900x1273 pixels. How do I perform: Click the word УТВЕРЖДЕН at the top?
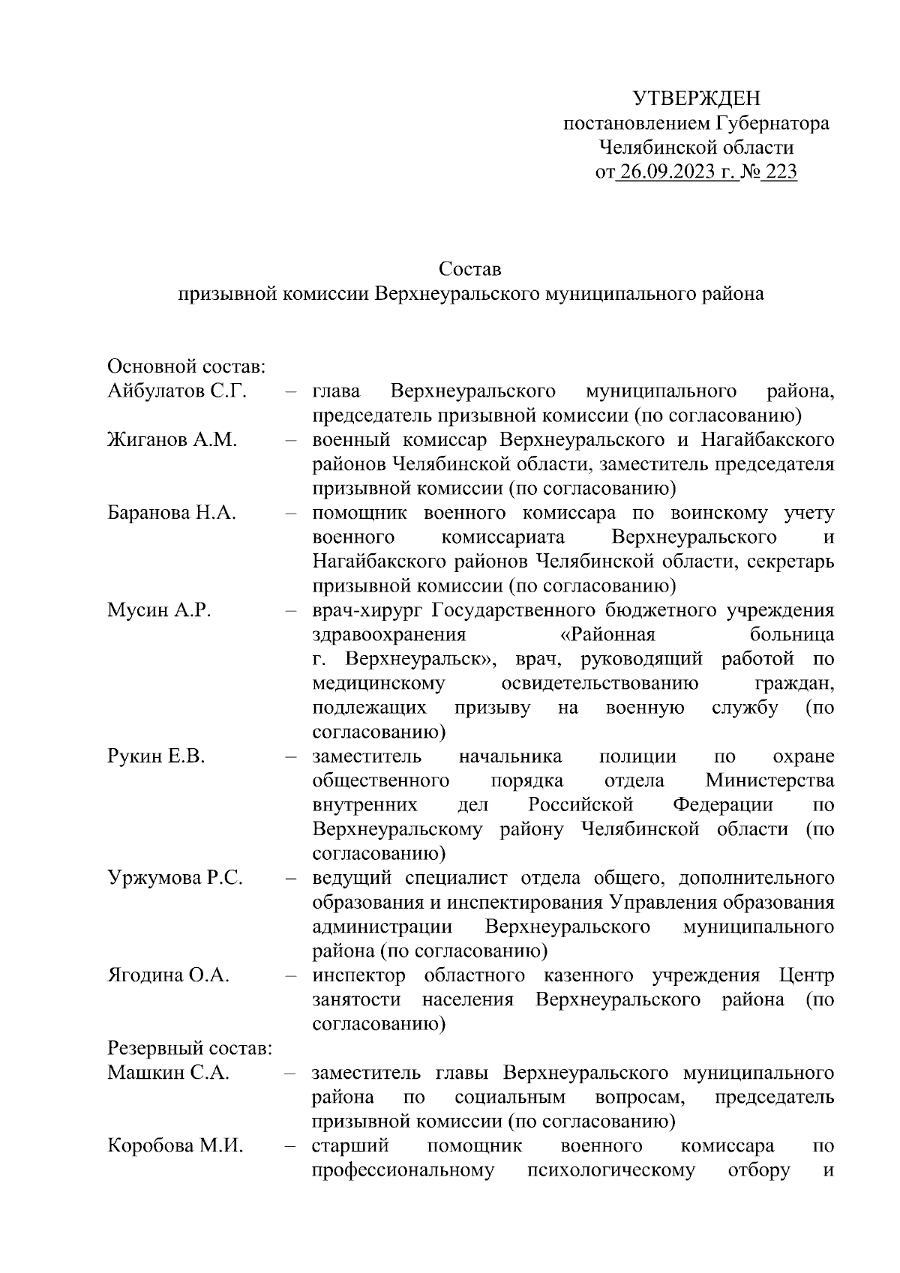point(696,98)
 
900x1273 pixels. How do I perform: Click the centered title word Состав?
point(470,269)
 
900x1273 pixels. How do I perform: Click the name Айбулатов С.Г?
point(177,391)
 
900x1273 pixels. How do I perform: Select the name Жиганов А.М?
point(172,440)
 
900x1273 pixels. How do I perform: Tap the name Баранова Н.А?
point(172,514)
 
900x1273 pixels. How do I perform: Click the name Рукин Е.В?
point(156,756)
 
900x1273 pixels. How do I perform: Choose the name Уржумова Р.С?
point(175,878)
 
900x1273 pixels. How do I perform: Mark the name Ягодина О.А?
point(169,975)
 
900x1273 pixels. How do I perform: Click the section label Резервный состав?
point(190,1048)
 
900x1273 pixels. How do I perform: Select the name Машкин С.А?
point(169,1073)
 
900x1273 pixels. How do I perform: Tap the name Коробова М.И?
point(176,1146)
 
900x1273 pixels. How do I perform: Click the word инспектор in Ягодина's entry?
point(358,975)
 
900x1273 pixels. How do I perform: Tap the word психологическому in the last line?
point(611,1170)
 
